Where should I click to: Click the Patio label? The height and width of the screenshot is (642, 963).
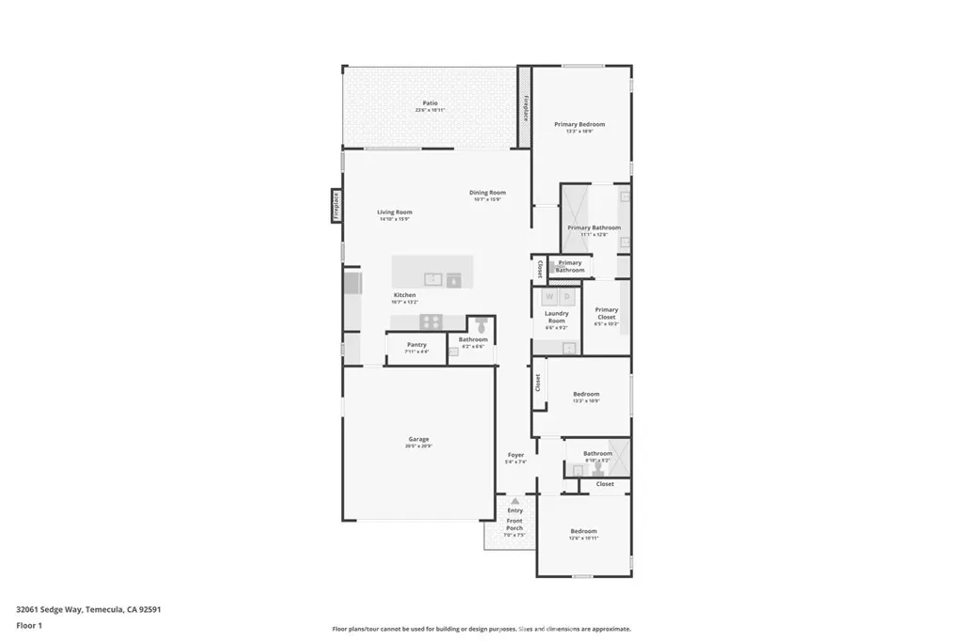[x=430, y=103]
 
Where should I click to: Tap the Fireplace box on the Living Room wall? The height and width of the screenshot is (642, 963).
[x=335, y=206]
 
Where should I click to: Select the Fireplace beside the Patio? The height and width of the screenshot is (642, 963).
[x=526, y=108]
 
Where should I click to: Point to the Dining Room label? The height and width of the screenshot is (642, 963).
[x=487, y=193]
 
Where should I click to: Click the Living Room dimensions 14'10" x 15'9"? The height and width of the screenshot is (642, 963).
[x=395, y=219]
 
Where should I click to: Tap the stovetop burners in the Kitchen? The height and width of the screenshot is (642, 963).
[x=431, y=321]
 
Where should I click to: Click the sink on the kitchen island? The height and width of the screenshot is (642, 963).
[x=433, y=278]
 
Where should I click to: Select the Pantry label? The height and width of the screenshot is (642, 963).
[x=417, y=345]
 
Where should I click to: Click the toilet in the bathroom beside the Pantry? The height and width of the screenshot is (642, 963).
[x=481, y=327]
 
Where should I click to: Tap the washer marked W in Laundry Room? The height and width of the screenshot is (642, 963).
[x=550, y=297]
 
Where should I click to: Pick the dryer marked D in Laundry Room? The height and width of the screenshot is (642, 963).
[x=567, y=297]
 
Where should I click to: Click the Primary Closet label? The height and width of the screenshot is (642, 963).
[x=607, y=313]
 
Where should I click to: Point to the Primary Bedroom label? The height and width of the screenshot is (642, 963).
[x=579, y=124]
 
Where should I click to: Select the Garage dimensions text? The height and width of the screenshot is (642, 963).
[x=418, y=446]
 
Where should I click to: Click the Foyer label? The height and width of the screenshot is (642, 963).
[x=515, y=455]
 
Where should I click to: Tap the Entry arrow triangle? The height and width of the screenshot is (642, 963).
[x=514, y=502]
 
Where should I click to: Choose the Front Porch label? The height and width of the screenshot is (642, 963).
[x=514, y=524]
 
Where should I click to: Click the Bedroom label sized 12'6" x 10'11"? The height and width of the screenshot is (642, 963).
[x=583, y=531]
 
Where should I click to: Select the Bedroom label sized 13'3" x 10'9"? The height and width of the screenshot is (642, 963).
[x=586, y=394]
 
